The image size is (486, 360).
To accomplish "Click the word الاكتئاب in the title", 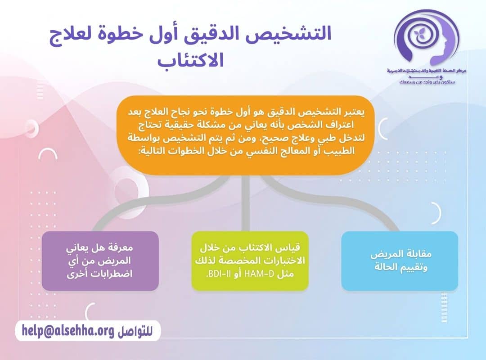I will [x=191, y=60].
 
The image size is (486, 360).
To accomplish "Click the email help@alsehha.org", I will [x=67, y=331].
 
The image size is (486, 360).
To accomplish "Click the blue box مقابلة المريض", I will [x=400, y=261].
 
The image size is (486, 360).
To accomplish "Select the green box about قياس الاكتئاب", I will [x=250, y=261].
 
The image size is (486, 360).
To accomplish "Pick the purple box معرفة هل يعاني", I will [x=100, y=261].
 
